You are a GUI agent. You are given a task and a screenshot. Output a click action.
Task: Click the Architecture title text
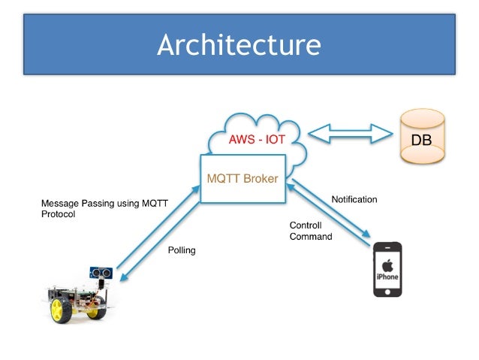tap(239, 45)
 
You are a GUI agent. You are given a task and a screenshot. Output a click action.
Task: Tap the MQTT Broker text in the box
tap(242, 179)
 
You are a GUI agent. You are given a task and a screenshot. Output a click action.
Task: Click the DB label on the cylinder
tap(422, 141)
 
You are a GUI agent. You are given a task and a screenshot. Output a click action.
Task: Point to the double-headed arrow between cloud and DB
tap(351, 135)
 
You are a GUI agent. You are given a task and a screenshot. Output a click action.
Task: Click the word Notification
tap(354, 200)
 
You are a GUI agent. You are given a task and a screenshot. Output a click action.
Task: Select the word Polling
tap(181, 250)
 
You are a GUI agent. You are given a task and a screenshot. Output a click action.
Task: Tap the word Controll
tap(305, 225)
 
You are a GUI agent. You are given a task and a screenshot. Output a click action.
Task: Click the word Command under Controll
tap(310, 236)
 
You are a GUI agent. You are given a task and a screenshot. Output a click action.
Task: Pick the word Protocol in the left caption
tap(58, 214)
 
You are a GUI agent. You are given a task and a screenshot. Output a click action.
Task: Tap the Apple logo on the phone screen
tap(387, 265)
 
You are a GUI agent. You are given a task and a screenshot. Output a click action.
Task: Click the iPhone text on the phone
tap(387, 277)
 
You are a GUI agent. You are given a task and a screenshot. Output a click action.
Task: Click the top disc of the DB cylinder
tap(422, 119)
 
